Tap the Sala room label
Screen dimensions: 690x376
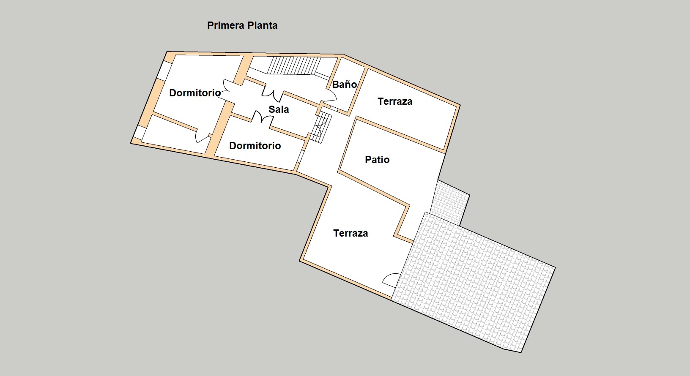click(279, 109)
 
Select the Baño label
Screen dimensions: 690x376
click(345, 84)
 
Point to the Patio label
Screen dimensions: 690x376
click(377, 159)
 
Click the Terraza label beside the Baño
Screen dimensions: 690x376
click(395, 101)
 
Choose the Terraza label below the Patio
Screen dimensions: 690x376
click(350, 233)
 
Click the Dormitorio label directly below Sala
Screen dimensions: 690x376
click(255, 145)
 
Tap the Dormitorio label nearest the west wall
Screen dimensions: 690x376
click(195, 93)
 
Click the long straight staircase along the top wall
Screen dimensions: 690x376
click(294, 65)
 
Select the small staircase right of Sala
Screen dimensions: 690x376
click(320, 127)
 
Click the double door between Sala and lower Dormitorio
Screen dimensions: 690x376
click(261, 118)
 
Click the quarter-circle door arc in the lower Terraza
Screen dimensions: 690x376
click(391, 278)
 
